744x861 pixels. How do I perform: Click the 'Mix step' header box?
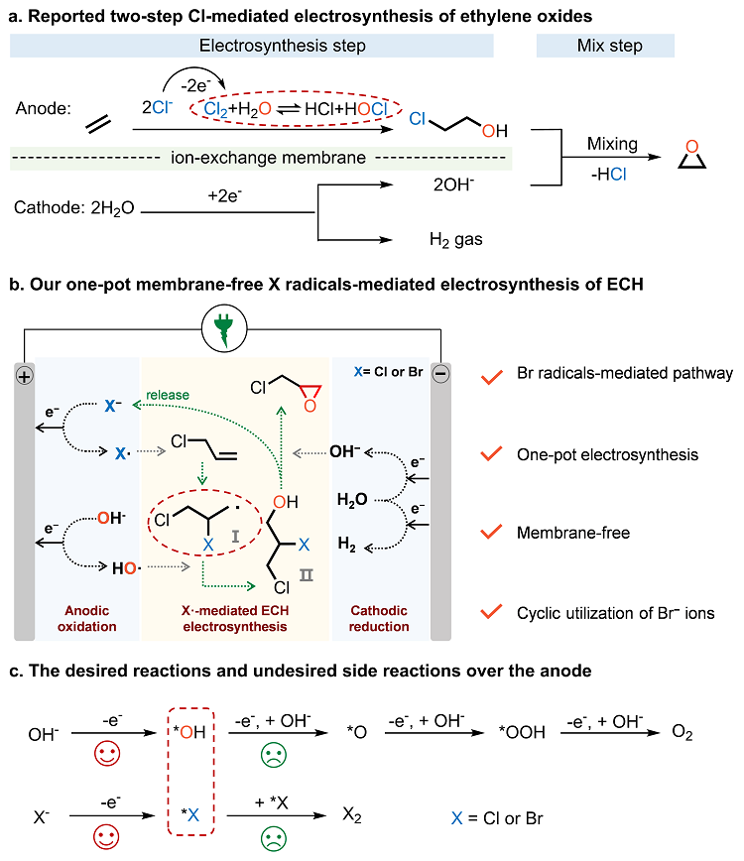[605, 46]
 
